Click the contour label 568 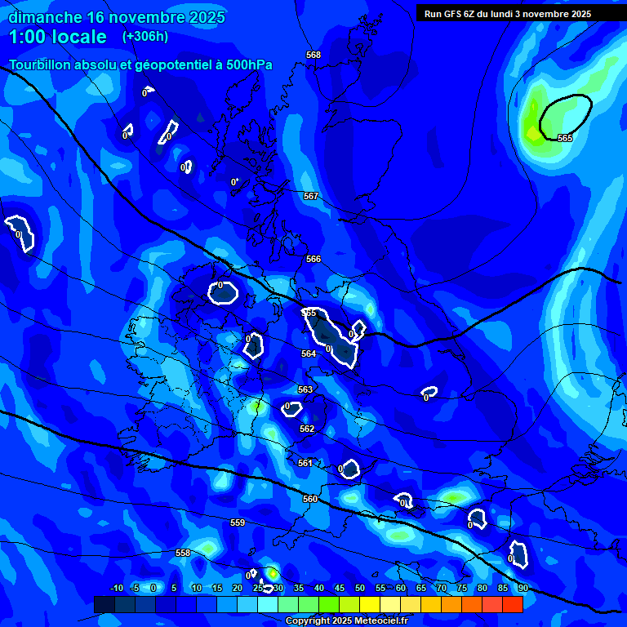(313, 55)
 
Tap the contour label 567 (311, 196)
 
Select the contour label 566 (313, 259)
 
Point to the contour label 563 (305, 389)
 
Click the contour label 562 (307, 429)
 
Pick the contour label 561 (305, 463)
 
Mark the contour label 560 (310, 499)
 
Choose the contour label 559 (238, 522)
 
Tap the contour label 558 (183, 553)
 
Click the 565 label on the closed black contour (565, 138)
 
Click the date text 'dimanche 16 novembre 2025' (117, 17)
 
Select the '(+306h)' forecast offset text (145, 37)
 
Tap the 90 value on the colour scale (522, 588)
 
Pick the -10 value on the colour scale (117, 588)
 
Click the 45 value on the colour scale (339, 588)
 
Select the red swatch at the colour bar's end (512, 604)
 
